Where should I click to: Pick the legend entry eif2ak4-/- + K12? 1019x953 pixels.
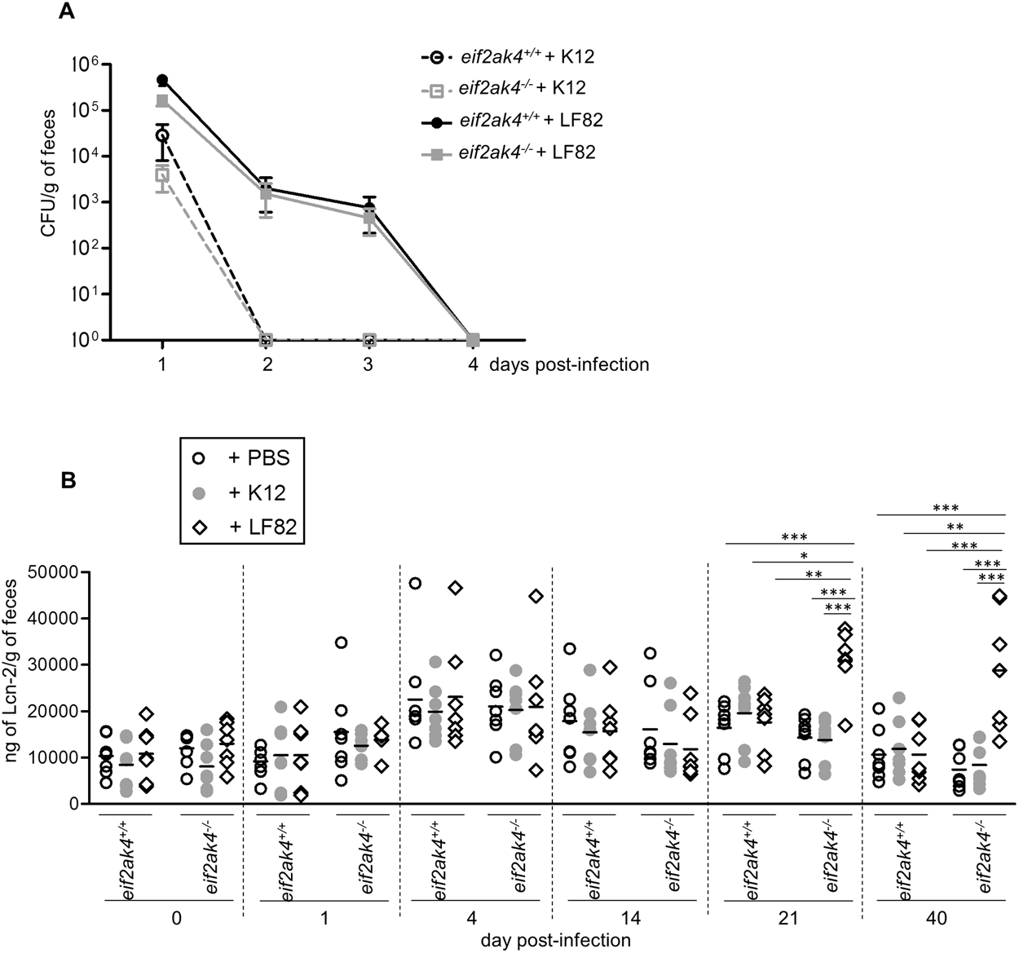[522, 88]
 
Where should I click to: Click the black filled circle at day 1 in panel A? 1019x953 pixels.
[162, 80]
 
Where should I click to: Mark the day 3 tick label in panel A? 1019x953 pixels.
[368, 364]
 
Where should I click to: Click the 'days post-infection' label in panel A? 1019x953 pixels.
[569, 364]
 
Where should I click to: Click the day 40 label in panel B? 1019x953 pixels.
[937, 918]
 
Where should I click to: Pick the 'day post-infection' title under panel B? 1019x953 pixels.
[555, 940]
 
